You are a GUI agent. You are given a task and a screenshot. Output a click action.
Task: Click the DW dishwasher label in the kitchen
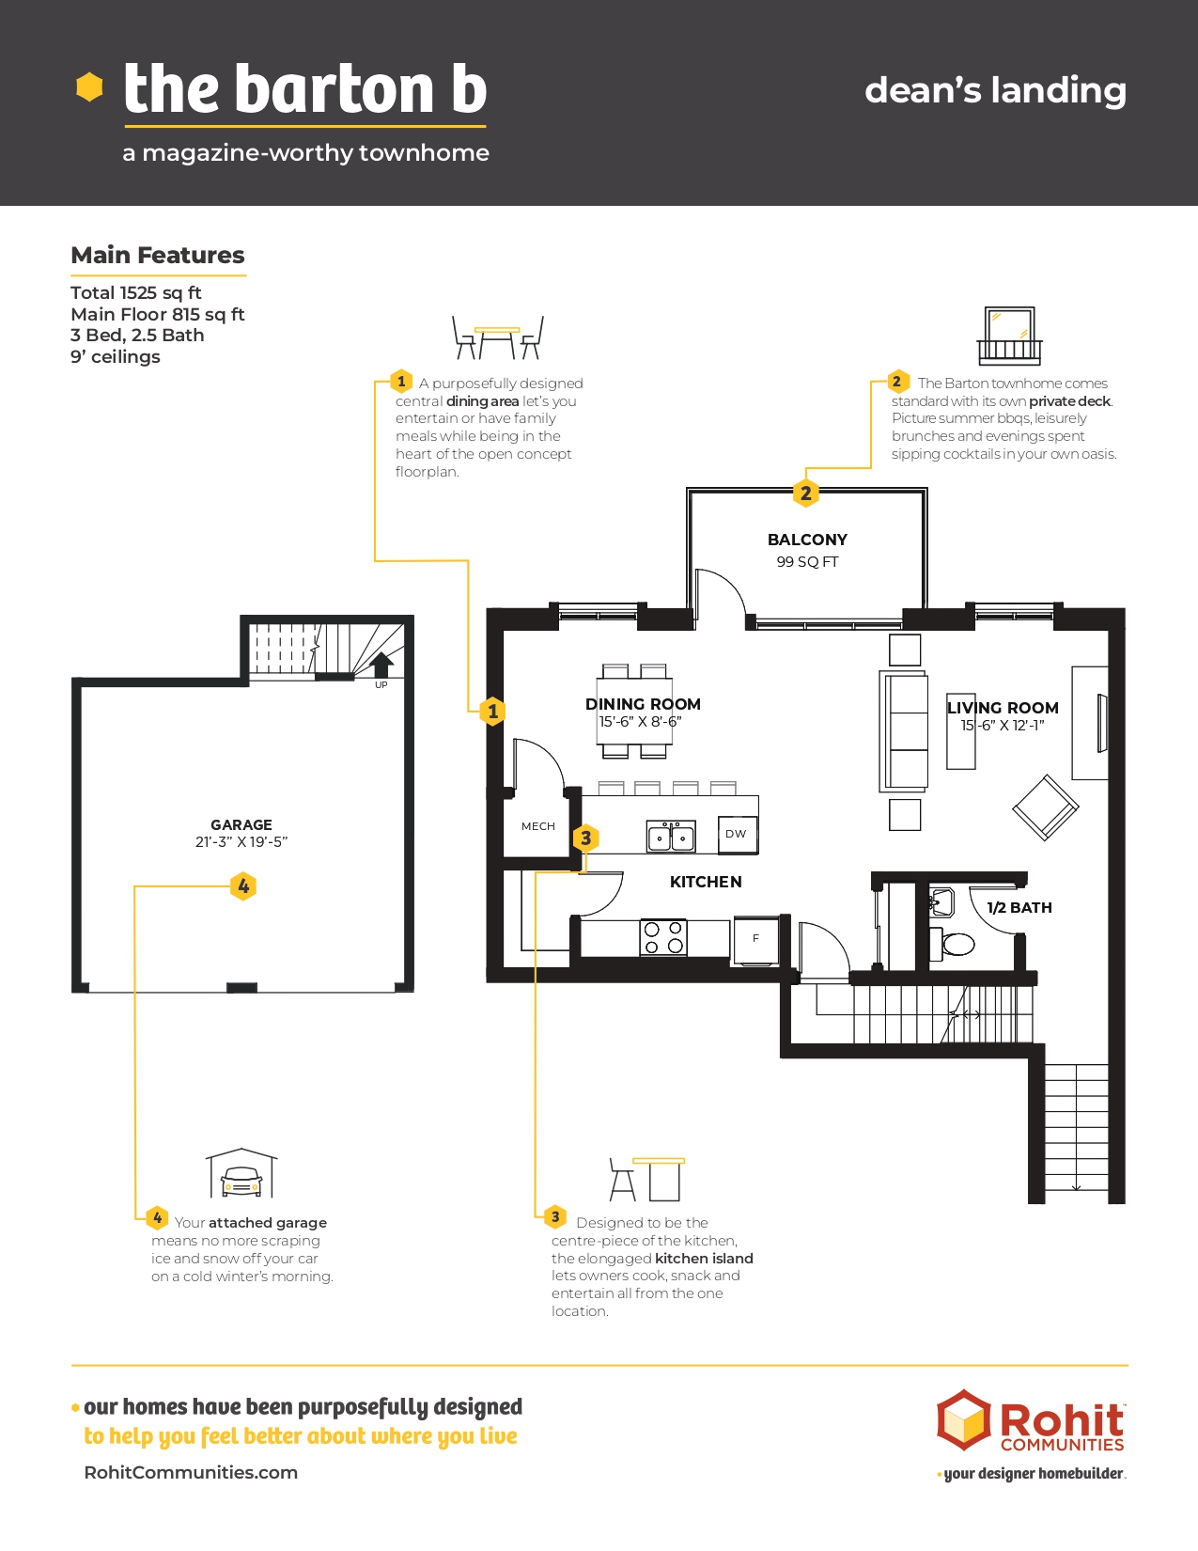736,834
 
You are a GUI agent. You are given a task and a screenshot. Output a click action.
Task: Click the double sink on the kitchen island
671,836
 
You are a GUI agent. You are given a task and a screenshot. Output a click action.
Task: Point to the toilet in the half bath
954,945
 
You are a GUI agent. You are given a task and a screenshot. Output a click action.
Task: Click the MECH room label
538,826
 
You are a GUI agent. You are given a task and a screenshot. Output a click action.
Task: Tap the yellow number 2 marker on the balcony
805,493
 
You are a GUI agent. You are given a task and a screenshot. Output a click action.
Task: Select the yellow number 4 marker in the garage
243,885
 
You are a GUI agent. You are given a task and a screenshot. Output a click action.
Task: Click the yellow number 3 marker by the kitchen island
585,838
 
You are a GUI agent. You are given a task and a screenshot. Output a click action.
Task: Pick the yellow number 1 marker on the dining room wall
492,711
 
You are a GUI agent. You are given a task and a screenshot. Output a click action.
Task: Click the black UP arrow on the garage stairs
381,665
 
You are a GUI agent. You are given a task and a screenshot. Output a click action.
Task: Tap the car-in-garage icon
241,1173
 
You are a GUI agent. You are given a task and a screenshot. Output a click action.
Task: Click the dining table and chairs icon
497,337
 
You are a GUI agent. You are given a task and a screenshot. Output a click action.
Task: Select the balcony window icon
1009,336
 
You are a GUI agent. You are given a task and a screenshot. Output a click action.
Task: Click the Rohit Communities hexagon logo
963,1419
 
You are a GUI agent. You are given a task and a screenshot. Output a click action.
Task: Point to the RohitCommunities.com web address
191,1472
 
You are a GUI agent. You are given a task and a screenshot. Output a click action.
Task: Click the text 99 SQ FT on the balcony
807,562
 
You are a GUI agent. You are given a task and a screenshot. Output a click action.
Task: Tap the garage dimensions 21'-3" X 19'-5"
241,841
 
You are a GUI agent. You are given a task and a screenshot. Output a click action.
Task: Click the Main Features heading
158,255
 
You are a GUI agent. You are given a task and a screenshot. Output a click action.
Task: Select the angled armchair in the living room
1045,807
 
